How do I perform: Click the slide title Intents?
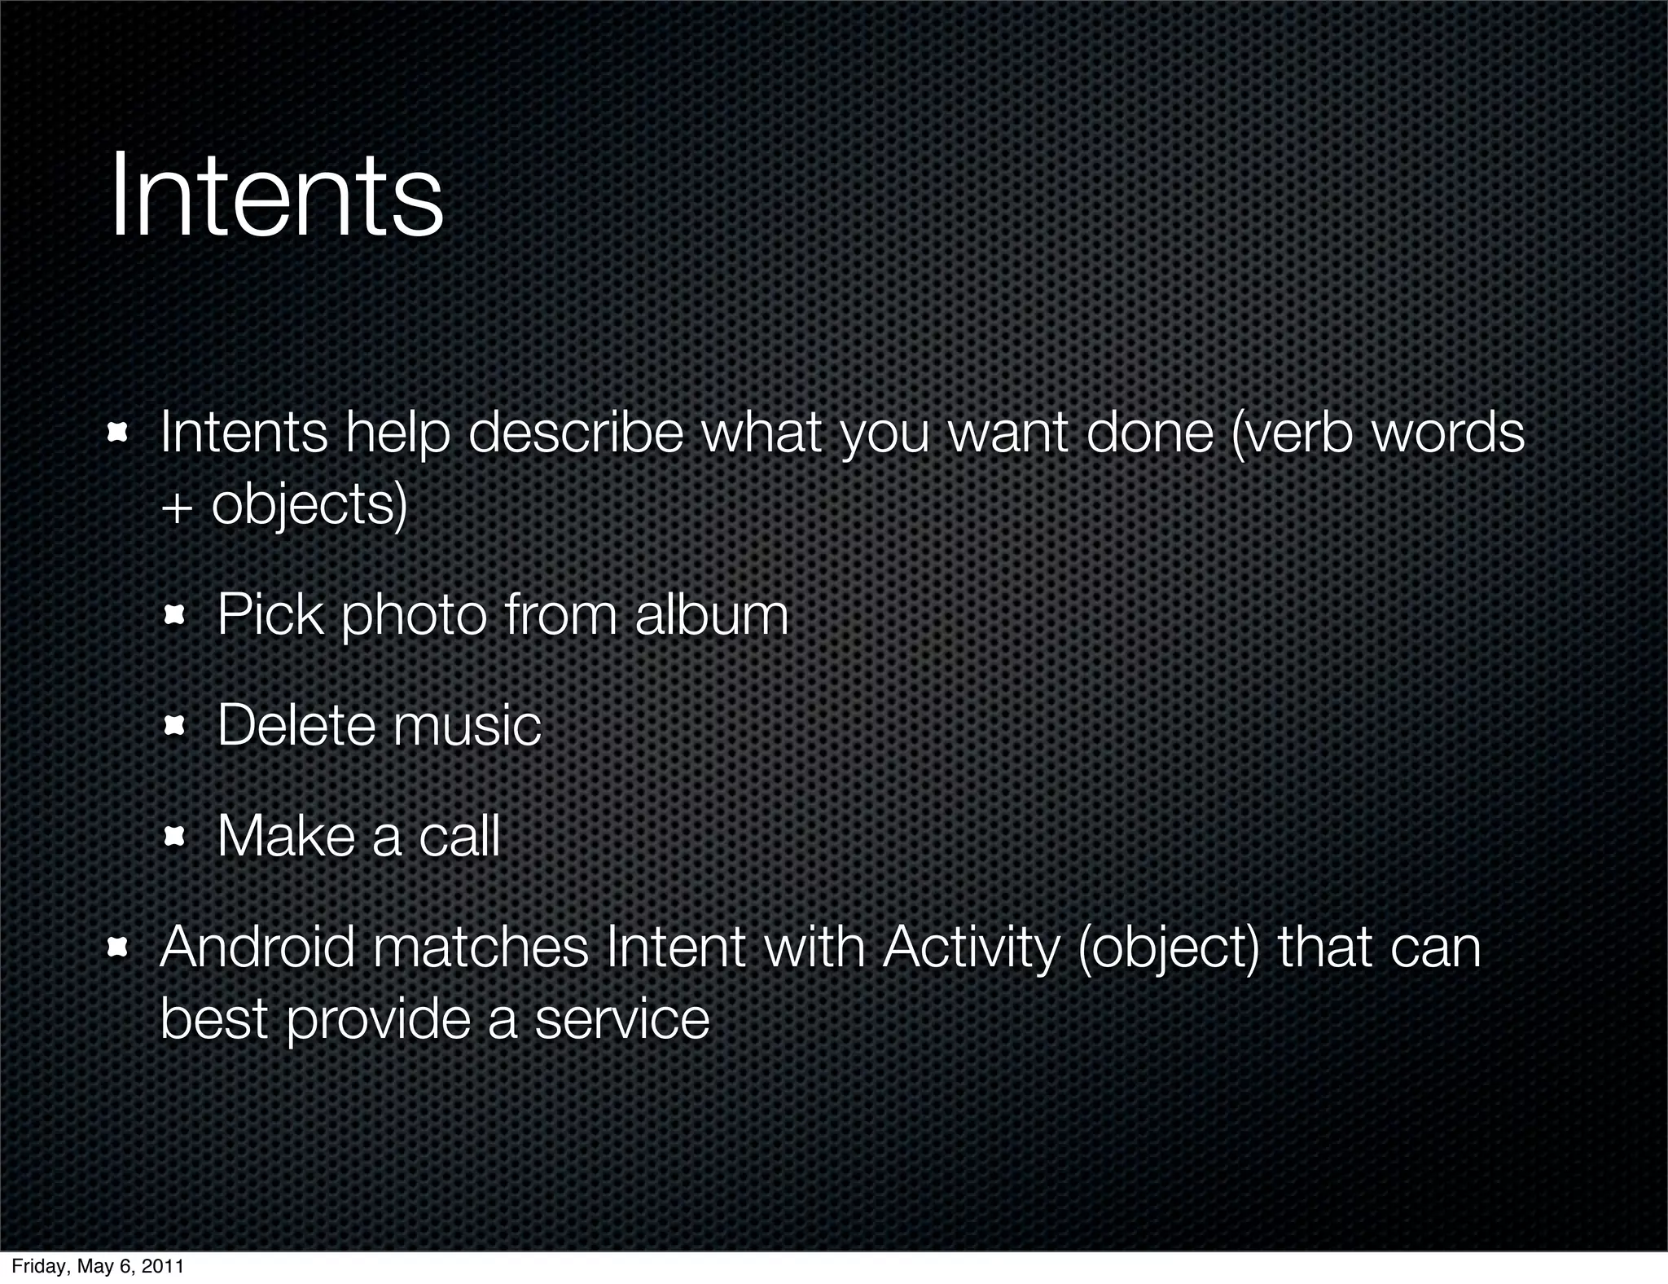[276, 196]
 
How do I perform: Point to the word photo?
[414, 616]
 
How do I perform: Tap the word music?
[466, 725]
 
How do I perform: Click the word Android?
[257, 948]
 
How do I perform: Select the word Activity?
[971, 949]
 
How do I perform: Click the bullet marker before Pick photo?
[174, 616]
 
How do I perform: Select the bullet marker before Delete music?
[174, 726]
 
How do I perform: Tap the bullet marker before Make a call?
[174, 837]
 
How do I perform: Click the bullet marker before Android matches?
[117, 948]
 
